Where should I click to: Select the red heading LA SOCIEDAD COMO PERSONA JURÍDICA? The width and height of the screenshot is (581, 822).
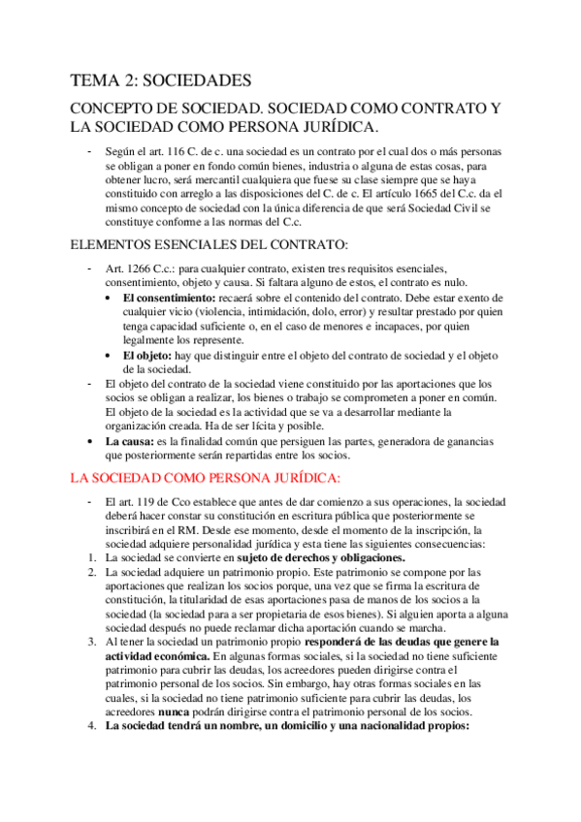click(205, 478)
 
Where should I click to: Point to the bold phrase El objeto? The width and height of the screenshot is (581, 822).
click(151, 356)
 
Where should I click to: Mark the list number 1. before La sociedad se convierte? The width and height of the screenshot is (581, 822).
click(89, 559)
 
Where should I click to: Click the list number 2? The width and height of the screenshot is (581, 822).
click(89, 574)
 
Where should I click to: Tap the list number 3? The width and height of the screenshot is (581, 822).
click(89, 642)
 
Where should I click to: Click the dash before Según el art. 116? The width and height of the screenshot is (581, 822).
click(89, 152)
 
